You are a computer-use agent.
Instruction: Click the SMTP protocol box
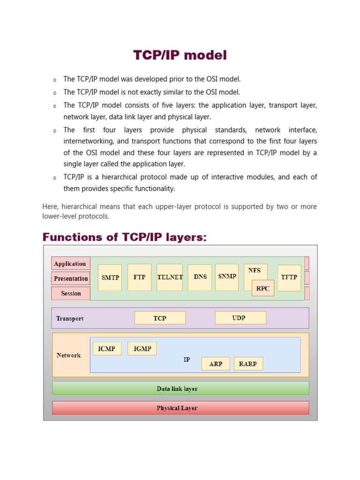[110, 277]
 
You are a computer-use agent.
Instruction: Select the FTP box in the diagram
[139, 277]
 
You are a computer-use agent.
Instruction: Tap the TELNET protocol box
[170, 277]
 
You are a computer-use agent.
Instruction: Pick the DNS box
[200, 277]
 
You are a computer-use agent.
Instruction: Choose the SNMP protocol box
[227, 277]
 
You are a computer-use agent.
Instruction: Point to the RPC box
[263, 288]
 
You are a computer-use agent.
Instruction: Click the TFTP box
[289, 277]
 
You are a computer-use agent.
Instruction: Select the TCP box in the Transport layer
[160, 318]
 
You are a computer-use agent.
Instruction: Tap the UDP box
[240, 318]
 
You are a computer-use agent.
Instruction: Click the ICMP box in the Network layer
[107, 348]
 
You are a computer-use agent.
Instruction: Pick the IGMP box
[142, 348]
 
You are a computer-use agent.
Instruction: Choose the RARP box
[248, 364]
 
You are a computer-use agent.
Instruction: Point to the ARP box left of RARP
[216, 364]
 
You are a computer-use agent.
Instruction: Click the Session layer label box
[71, 293]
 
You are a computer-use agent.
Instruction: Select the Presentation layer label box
[71, 278]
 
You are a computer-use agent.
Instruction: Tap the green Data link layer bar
[180, 388]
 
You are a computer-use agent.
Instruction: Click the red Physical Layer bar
[180, 408]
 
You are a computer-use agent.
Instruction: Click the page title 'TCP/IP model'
[180, 55]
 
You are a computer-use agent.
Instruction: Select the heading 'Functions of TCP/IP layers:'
[124, 237]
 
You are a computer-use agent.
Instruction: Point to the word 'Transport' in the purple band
[70, 318]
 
